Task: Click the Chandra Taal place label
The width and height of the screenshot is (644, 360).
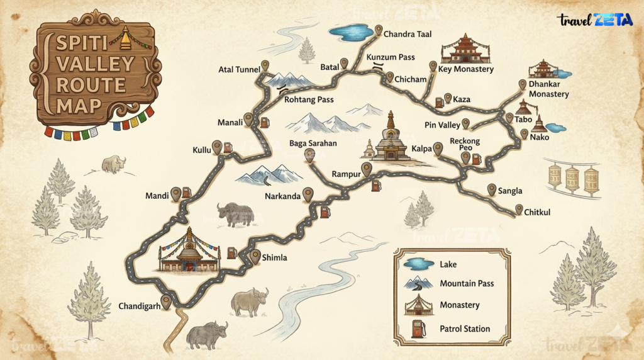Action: [x=408, y=34]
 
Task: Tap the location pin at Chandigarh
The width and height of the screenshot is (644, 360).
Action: [x=166, y=301]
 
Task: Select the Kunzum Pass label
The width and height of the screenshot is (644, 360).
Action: [x=391, y=57]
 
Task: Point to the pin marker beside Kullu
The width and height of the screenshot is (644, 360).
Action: [x=217, y=147]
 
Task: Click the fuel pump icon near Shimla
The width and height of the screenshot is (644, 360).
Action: [x=232, y=252]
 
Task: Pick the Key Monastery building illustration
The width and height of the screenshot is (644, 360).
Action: [x=466, y=48]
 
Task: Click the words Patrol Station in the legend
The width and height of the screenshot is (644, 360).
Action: [x=465, y=329]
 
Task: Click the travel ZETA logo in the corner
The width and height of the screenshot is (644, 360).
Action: [x=595, y=20]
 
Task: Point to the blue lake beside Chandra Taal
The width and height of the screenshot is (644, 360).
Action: [x=350, y=31]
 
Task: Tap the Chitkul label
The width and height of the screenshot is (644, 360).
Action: [x=537, y=213]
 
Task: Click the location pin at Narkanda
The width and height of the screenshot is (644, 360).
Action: [x=308, y=194]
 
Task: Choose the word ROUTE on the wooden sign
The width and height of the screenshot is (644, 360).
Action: [x=92, y=84]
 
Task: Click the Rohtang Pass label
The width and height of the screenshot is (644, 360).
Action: [x=309, y=99]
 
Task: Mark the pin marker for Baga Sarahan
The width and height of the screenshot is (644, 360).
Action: [x=309, y=155]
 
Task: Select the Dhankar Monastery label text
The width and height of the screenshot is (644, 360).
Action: [x=548, y=89]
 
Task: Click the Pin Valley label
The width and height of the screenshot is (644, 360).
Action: [x=443, y=125]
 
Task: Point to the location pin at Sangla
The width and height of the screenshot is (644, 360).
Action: [x=492, y=189]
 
